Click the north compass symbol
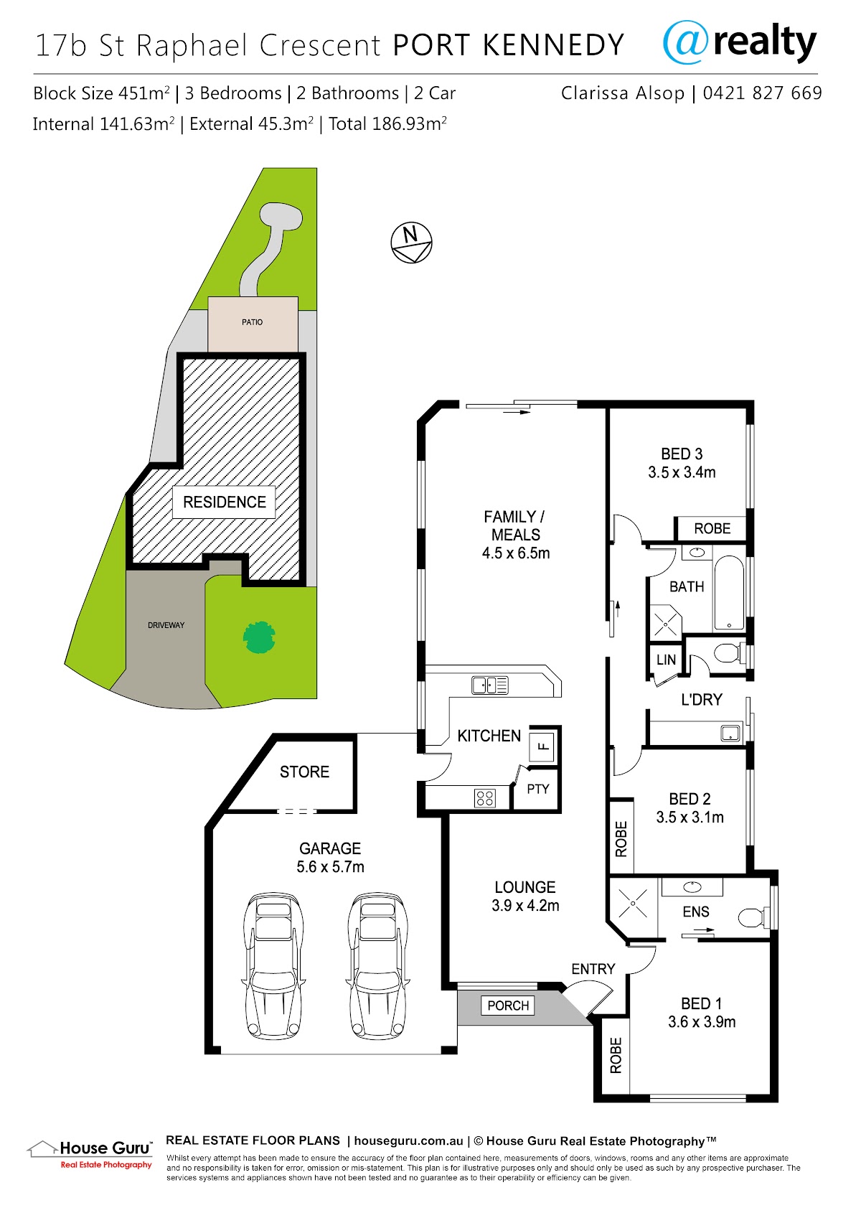pyautogui.click(x=411, y=243)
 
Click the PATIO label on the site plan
pyautogui.click(x=253, y=322)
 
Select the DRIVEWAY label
pyautogui.click(x=166, y=625)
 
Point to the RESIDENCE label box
pyautogui.click(x=224, y=502)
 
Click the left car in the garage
pyautogui.click(x=273, y=965)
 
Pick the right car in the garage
pyautogui.click(x=377, y=965)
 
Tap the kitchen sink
pyautogui.click(x=490, y=685)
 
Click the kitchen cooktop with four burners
pyautogui.click(x=485, y=798)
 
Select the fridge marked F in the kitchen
pyautogui.click(x=542, y=746)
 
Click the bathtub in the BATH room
pyautogui.click(x=729, y=592)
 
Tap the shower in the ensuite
pyautogui.click(x=634, y=904)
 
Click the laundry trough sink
pyautogui.click(x=730, y=733)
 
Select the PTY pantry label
pyautogui.click(x=538, y=789)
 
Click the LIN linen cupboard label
pyautogui.click(x=666, y=660)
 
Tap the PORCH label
pyautogui.click(x=508, y=1006)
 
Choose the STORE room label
pyautogui.click(x=304, y=772)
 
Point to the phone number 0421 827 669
pyautogui.click(x=762, y=93)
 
